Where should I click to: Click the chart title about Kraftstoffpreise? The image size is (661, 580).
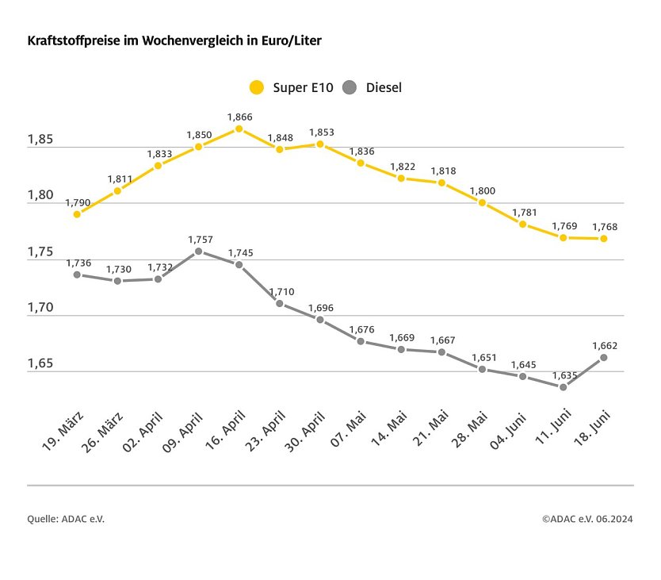point(174,40)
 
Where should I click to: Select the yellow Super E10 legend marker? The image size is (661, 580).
point(257,87)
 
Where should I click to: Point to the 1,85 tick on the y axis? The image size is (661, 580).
point(40,140)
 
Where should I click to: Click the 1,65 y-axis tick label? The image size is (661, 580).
point(40,364)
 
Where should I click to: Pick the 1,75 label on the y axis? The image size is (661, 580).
point(40,252)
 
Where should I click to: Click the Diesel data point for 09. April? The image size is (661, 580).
point(199,252)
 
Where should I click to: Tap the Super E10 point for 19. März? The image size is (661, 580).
point(77,214)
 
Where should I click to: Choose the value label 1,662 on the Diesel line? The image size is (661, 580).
point(604,345)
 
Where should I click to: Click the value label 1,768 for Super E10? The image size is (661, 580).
point(604,227)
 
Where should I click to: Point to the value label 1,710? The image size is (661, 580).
point(281,291)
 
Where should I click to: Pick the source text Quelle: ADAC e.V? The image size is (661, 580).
point(66,519)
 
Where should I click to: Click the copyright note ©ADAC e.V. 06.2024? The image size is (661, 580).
point(587,519)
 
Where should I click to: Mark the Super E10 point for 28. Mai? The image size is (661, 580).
point(482,202)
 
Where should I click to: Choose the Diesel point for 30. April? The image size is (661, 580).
point(320,320)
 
